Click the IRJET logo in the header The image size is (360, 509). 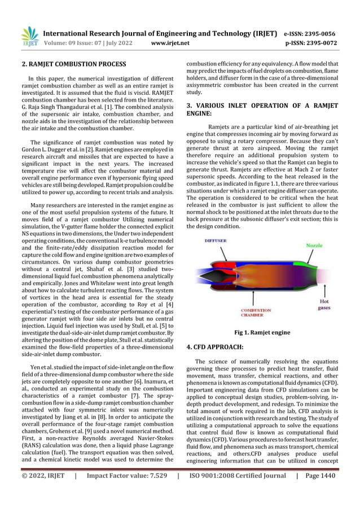29,36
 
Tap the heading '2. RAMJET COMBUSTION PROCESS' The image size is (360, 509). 73,64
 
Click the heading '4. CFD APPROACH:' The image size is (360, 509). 216,347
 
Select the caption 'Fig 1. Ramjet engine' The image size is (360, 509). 262,333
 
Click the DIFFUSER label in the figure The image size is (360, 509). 216,240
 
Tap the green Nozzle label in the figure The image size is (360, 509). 314,245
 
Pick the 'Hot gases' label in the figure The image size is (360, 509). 324,305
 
